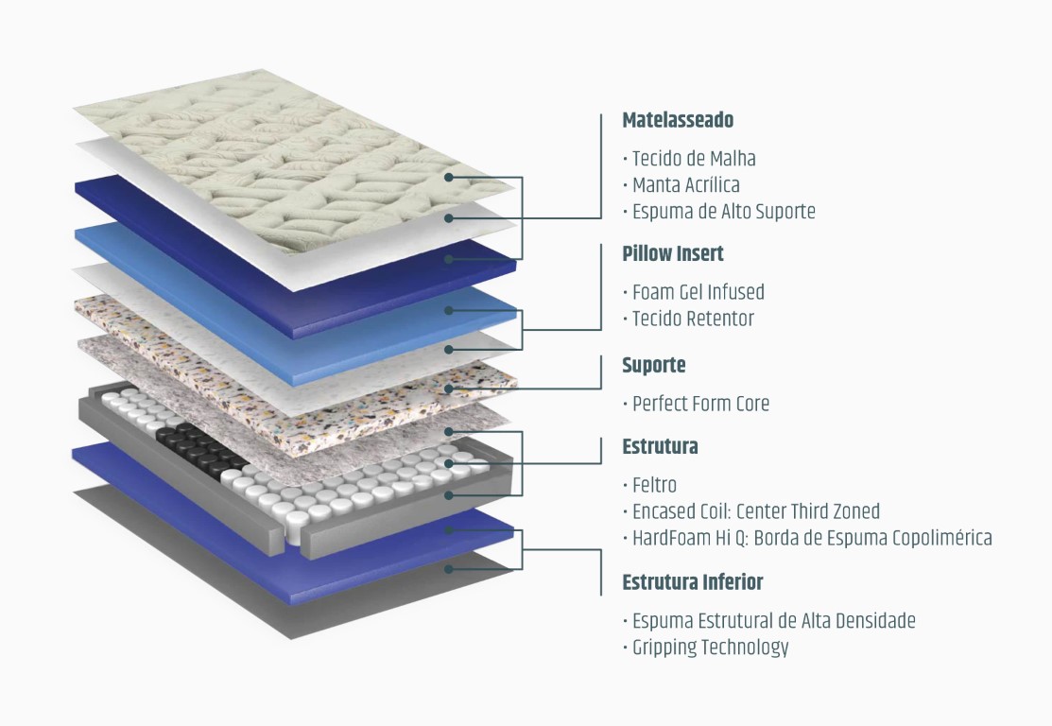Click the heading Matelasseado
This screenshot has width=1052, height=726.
click(678, 120)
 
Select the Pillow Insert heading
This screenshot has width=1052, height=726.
click(673, 253)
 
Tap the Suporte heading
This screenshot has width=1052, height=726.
click(654, 365)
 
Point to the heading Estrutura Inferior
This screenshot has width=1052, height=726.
click(693, 581)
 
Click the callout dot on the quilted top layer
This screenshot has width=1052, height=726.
click(449, 177)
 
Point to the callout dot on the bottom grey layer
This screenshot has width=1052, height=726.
click(449, 568)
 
